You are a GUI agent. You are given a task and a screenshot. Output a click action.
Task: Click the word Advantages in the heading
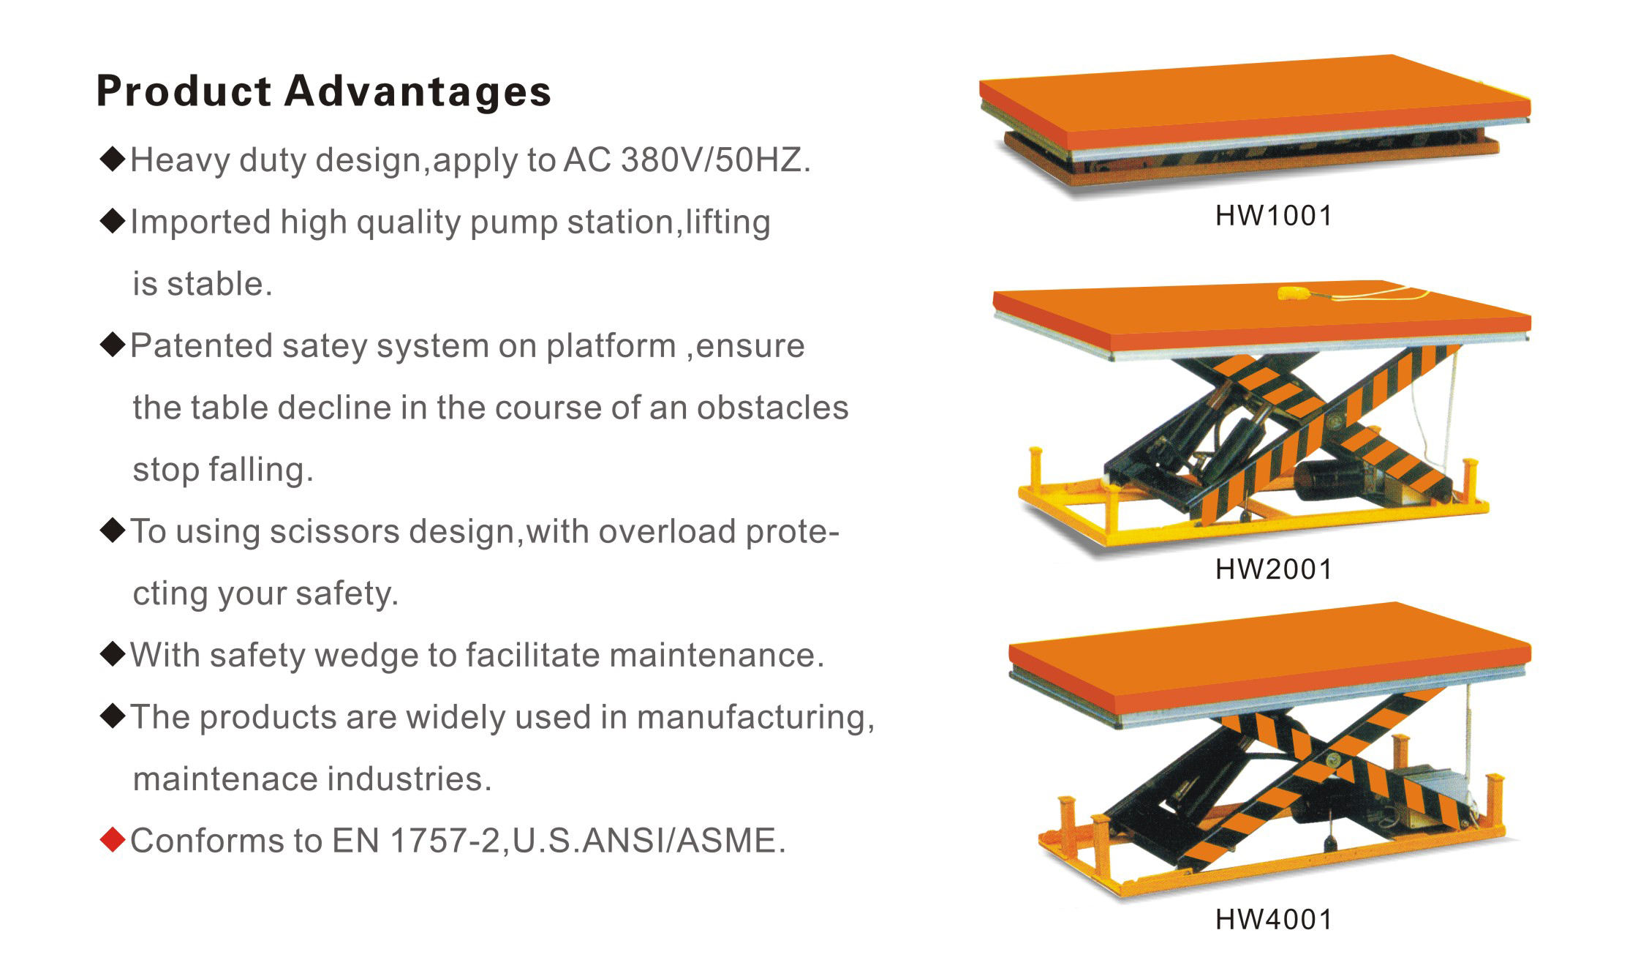point(418,92)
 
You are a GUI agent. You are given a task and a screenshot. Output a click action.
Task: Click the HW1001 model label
point(1274,216)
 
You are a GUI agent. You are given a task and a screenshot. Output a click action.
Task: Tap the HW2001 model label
point(1274,569)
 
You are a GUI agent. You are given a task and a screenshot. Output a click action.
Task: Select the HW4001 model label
point(1274,920)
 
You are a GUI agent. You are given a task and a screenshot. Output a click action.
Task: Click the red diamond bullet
point(113,840)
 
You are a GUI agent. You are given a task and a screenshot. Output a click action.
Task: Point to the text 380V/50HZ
point(715,160)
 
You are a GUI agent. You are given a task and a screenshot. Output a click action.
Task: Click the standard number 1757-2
point(445,841)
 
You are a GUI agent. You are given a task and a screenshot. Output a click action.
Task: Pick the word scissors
point(334,532)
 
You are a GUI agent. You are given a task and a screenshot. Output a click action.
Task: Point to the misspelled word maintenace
point(225,779)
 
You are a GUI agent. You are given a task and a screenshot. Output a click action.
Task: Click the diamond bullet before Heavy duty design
point(113,160)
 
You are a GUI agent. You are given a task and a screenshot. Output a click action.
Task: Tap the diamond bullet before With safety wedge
point(113,655)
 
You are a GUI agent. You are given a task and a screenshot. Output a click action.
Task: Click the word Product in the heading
point(184,92)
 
